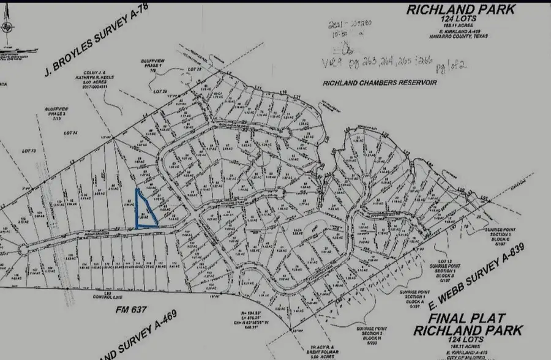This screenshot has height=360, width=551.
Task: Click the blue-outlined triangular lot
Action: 144,212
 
